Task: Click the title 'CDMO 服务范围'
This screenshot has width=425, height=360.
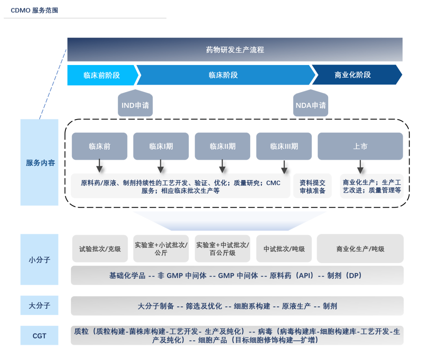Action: pos(35,11)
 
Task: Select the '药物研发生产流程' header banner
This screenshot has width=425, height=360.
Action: pos(235,50)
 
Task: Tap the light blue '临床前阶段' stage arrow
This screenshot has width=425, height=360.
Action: pos(102,75)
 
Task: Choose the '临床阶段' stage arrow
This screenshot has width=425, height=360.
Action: pos(224,75)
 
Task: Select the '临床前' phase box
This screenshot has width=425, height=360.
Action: pos(100,146)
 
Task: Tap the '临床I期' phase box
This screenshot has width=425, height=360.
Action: pos(161,146)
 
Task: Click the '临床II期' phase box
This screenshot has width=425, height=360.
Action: pos(222,146)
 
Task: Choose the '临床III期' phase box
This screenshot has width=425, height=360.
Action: pos(284,146)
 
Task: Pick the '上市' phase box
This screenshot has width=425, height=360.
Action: pos(360,146)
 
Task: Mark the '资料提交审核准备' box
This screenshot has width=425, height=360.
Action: pos(312,187)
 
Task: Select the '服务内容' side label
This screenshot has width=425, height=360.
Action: pos(40,163)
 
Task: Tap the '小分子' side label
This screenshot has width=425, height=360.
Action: pos(39,260)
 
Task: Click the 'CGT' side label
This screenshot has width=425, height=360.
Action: pos(39,336)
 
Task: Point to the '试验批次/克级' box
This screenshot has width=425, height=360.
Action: pos(100,249)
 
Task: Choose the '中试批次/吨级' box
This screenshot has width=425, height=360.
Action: pos(284,249)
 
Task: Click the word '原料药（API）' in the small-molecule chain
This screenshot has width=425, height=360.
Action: pos(292,276)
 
